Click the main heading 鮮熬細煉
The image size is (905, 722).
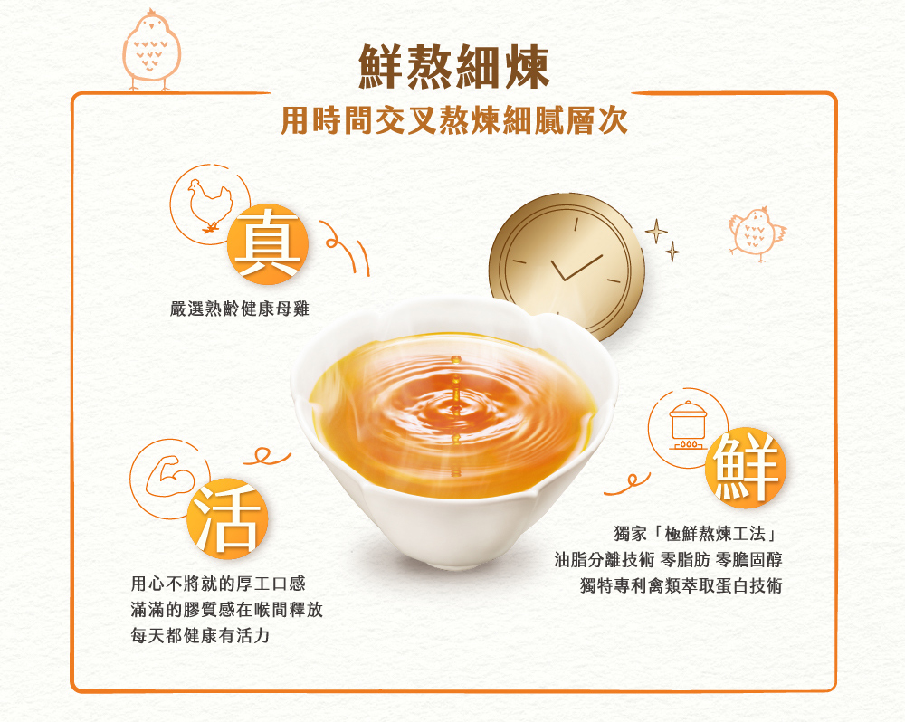453,67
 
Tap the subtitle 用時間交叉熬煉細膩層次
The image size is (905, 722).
453,121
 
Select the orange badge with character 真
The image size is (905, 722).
268,243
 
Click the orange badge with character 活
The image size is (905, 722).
227,518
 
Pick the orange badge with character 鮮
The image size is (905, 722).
746,468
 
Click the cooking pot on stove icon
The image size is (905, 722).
688,425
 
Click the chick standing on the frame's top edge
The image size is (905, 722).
151,51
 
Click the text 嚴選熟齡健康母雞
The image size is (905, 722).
240,309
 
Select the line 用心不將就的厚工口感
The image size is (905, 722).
218,584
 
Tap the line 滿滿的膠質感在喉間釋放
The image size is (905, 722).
227,610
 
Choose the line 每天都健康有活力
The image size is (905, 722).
200,635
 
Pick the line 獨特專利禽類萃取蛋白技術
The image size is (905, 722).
681,585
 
